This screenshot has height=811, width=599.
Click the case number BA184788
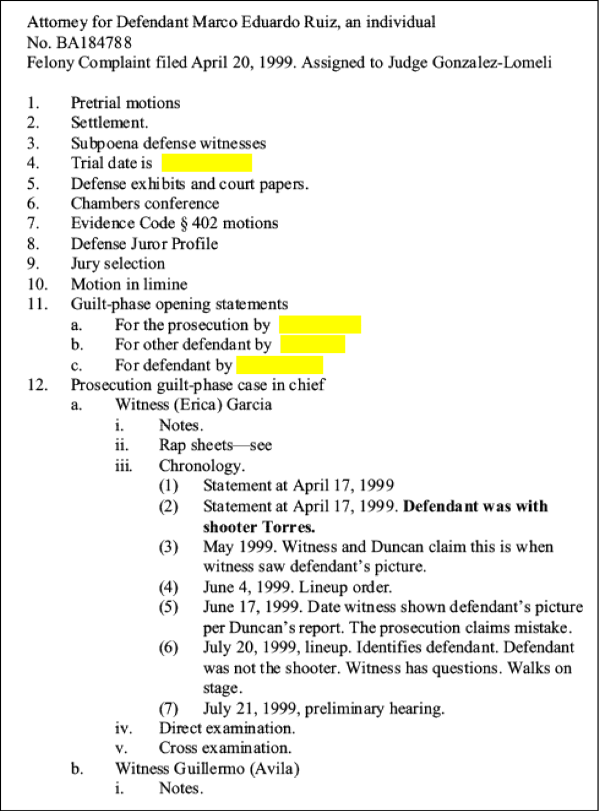click(x=94, y=43)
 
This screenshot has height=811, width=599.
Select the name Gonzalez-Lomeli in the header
click(x=492, y=63)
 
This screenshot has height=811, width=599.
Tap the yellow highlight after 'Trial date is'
click(x=207, y=162)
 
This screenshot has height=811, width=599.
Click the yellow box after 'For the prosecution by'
click(x=320, y=325)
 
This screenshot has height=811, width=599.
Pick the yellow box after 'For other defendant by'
click(x=313, y=344)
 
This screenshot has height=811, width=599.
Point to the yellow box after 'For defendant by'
click(x=280, y=365)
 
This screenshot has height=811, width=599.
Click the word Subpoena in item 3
click(x=105, y=143)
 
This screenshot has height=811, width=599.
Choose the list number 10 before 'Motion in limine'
click(x=37, y=284)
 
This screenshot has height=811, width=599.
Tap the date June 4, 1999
click(x=247, y=587)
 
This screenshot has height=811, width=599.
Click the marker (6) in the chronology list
click(x=168, y=648)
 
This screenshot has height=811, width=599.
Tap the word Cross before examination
click(x=178, y=747)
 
